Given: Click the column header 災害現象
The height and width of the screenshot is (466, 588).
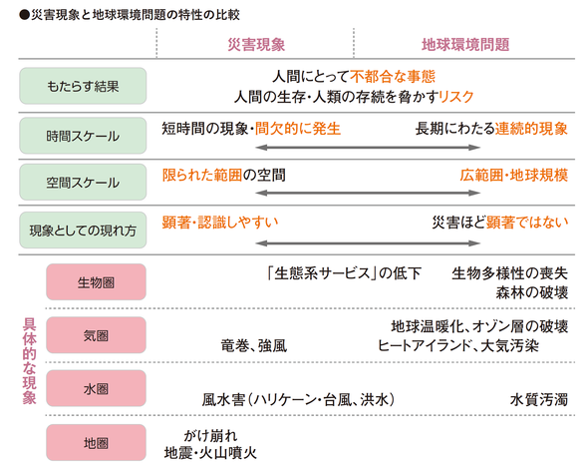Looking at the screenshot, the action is pyautogui.click(x=256, y=45).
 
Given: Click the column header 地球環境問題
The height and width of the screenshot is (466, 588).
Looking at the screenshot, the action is pyautogui.click(x=465, y=45).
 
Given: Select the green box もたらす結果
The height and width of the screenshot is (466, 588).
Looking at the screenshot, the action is pyautogui.click(x=83, y=86).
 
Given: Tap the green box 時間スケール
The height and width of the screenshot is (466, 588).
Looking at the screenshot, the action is pyautogui.click(x=83, y=136).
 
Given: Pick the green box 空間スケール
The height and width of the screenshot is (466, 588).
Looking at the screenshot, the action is pyautogui.click(x=83, y=183).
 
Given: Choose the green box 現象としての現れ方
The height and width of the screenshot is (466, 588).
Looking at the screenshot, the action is pyautogui.click(x=83, y=231).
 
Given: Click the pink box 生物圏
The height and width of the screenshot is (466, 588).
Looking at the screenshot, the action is pyautogui.click(x=96, y=282).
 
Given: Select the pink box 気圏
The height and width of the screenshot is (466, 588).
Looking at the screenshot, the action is pyautogui.click(x=96, y=335).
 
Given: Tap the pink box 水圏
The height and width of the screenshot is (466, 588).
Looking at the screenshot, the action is pyautogui.click(x=96, y=388).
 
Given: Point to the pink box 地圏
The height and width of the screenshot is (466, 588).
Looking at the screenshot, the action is pyautogui.click(x=96, y=443).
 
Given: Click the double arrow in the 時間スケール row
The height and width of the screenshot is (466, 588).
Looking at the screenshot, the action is pyautogui.click(x=368, y=148).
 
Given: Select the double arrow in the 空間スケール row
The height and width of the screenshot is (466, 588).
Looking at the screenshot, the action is pyautogui.click(x=368, y=193).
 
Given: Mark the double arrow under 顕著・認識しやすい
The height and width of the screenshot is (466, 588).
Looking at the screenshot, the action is pyautogui.click(x=368, y=243).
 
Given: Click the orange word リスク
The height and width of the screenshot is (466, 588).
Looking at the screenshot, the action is pyautogui.click(x=456, y=97).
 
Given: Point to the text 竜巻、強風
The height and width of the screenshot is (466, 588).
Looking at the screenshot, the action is pyautogui.click(x=254, y=346).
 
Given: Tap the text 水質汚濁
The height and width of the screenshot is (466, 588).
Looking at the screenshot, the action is pyautogui.click(x=539, y=400).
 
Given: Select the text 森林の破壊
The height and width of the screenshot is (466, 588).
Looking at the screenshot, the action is pyautogui.click(x=532, y=292).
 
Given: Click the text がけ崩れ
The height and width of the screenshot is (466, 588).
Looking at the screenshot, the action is pyautogui.click(x=210, y=436).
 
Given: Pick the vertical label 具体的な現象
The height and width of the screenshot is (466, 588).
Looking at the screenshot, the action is pyautogui.click(x=29, y=361).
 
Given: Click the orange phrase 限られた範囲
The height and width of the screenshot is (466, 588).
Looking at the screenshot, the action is pyautogui.click(x=202, y=176).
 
